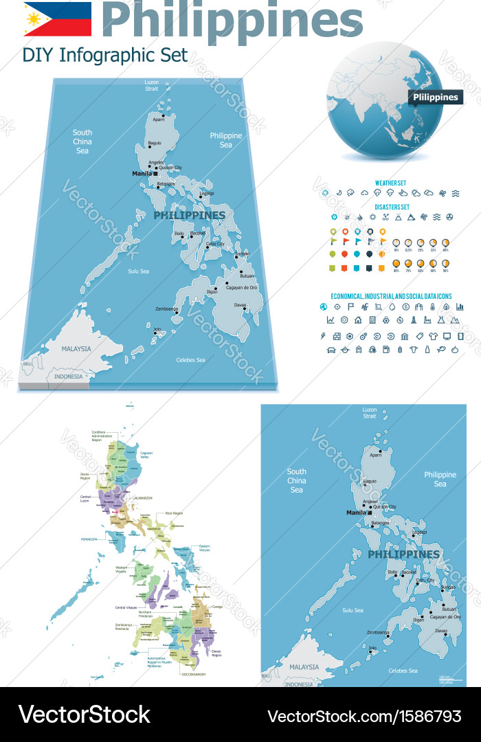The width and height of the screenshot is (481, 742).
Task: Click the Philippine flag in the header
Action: pyautogui.click(x=57, y=19)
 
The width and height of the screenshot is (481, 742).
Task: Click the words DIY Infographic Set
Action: pyautogui.click(x=105, y=56)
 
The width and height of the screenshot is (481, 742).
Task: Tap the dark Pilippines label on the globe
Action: pyautogui.click(x=435, y=97)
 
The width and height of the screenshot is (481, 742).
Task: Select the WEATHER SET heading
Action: pyautogui.click(x=390, y=183)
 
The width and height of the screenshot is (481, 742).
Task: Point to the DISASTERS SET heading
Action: pyautogui.click(x=392, y=206)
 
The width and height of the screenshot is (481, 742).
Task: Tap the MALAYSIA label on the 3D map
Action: pyautogui.click(x=76, y=349)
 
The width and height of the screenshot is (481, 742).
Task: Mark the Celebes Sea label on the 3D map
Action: pyautogui.click(x=190, y=360)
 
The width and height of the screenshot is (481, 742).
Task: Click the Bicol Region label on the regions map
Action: pyautogui.click(x=174, y=513)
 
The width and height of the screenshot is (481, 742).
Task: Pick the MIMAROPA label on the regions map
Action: pyautogui.click(x=91, y=539)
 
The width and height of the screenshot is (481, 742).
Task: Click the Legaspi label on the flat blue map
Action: pyautogui.click(x=419, y=532)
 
